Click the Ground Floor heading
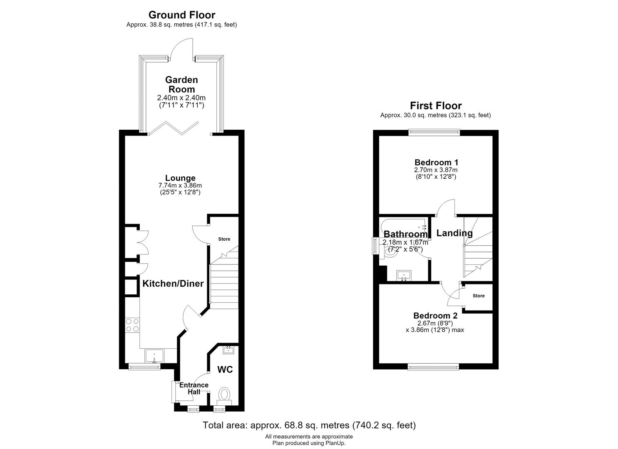tap(182, 15)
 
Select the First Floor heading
tap(436, 106)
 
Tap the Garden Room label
tap(181, 84)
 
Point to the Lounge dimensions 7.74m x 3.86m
tap(180, 185)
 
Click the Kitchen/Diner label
tap(173, 284)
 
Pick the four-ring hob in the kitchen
tap(132, 325)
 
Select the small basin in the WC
tap(228, 350)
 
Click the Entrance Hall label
tap(194, 388)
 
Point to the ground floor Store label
tap(224, 239)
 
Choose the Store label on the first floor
tap(479, 296)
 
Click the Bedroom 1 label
tap(436, 162)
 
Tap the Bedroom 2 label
tap(435, 316)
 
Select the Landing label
tap(454, 233)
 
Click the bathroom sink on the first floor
tap(404, 275)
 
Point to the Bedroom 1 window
tap(434, 133)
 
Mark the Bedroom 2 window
tap(433, 366)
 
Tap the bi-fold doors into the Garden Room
tap(173, 128)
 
